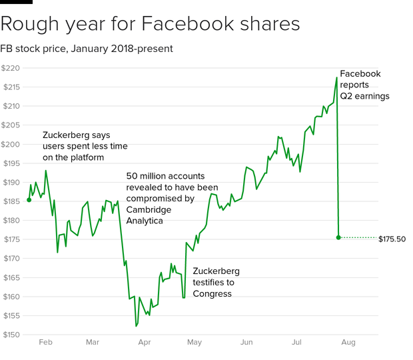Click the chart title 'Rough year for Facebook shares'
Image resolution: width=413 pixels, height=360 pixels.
pyautogui.click(x=150, y=25)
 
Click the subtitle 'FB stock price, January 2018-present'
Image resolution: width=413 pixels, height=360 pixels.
pyautogui.click(x=87, y=49)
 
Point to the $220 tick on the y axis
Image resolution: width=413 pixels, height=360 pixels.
pyautogui.click(x=12, y=68)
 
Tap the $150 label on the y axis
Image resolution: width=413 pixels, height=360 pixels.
pyautogui.click(x=12, y=335)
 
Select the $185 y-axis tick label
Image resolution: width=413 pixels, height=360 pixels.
pyautogui.click(x=12, y=201)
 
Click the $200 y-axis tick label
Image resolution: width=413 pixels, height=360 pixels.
pyautogui.click(x=12, y=144)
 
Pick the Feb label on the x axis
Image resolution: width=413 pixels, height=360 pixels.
pyautogui.click(x=45, y=342)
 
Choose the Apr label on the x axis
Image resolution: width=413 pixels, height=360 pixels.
pyautogui.click(x=144, y=342)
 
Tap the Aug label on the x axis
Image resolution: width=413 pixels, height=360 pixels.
pyautogui.click(x=348, y=342)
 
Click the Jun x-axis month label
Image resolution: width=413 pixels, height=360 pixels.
pyautogui.click(x=246, y=342)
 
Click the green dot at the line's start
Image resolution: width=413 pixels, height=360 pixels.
pyautogui.click(x=29, y=199)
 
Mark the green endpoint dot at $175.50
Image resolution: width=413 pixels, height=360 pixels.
pyautogui.click(x=338, y=237)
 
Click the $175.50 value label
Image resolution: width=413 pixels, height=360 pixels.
pyautogui.click(x=392, y=238)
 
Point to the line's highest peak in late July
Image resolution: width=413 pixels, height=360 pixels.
pyautogui.click(x=337, y=77)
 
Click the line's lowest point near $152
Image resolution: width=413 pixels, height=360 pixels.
pyautogui.click(x=136, y=326)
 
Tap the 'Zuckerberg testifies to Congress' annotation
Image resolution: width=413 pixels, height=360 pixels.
pyautogui.click(x=216, y=282)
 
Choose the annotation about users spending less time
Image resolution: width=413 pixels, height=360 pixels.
pyautogui.click(x=85, y=146)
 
